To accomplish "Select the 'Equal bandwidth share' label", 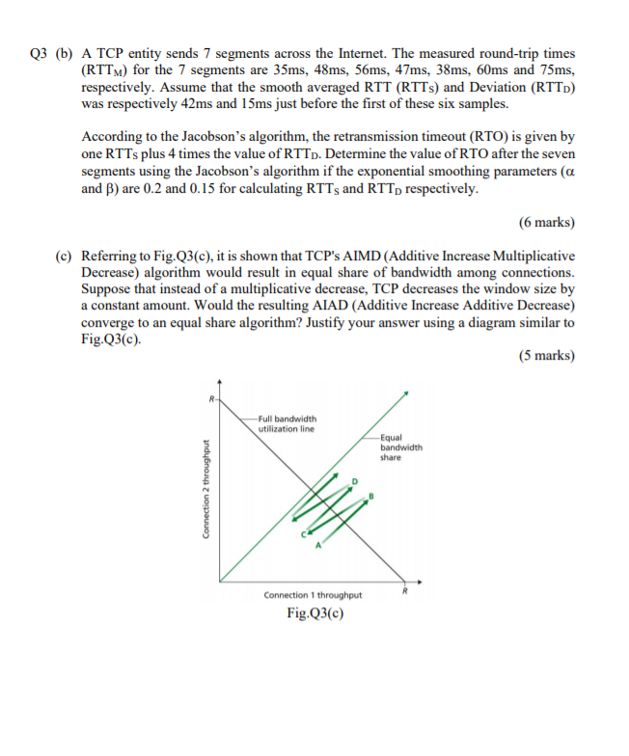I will (x=399, y=447).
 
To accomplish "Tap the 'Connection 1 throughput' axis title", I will (x=314, y=595).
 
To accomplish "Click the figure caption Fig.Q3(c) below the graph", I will (x=314, y=614).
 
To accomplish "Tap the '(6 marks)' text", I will (x=546, y=222).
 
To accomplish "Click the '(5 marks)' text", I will (x=546, y=355).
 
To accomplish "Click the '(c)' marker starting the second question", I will (x=64, y=256).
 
